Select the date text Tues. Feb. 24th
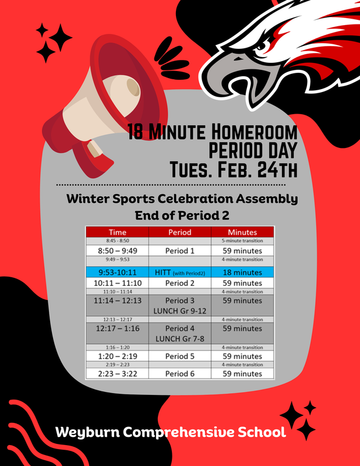(233, 170)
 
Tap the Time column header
(117, 232)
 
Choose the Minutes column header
(242, 232)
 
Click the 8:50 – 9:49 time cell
(117, 250)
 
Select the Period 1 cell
(179, 250)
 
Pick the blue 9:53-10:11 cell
(117, 272)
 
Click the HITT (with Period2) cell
(179, 272)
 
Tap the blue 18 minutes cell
(242, 272)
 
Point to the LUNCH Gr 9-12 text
(179, 311)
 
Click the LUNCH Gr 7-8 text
(179, 338)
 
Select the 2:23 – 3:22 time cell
(117, 373)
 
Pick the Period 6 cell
(179, 373)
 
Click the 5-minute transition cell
(242, 240)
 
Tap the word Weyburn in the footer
(88, 433)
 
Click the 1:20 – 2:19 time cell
(117, 356)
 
